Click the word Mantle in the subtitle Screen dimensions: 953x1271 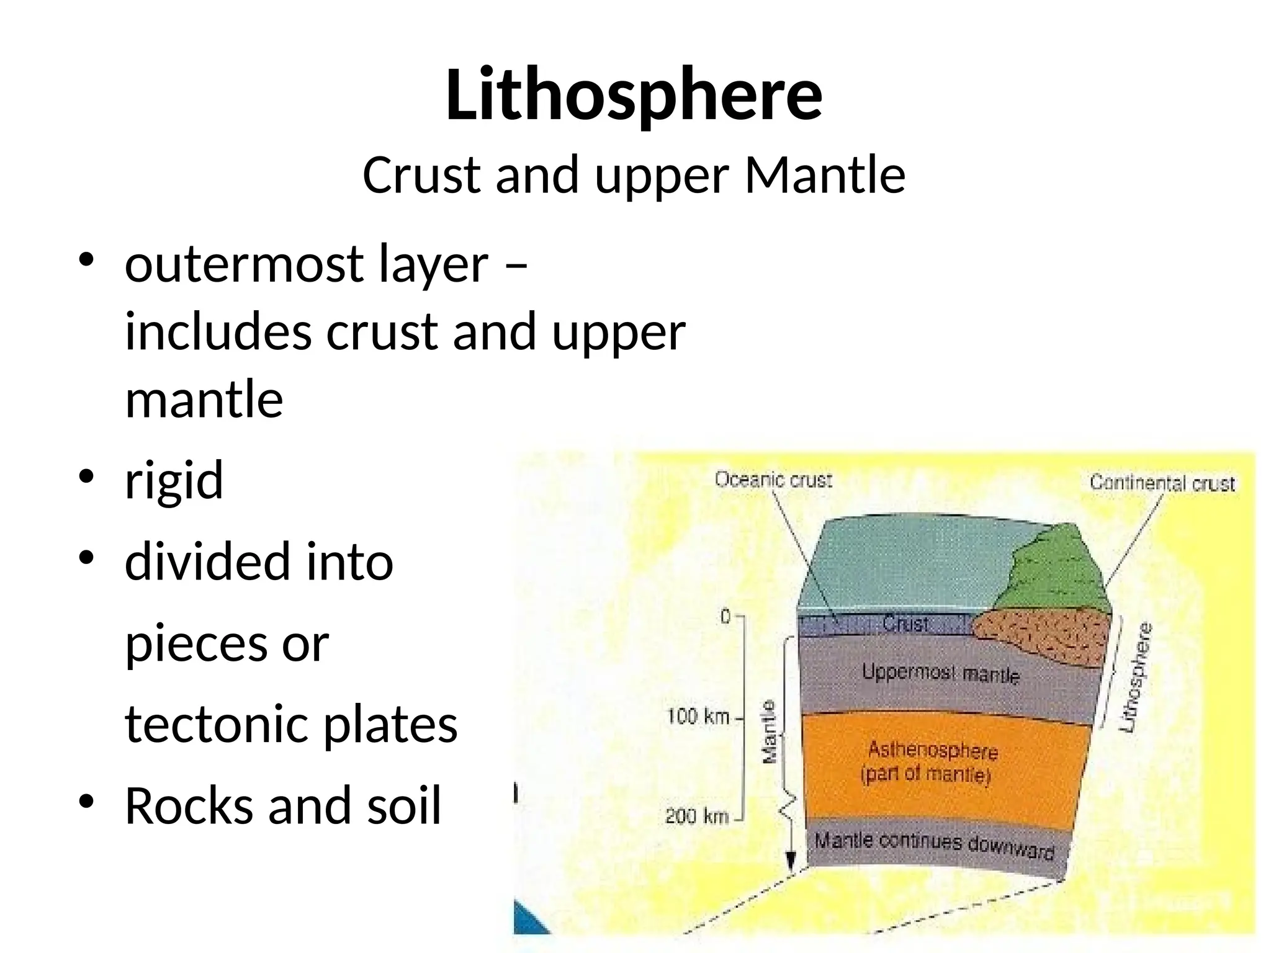[825, 176]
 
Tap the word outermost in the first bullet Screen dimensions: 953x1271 [245, 265]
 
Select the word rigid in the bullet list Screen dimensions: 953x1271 [174, 480]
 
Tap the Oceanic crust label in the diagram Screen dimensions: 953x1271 [773, 480]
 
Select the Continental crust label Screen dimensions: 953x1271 [1162, 483]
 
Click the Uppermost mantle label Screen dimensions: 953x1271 [940, 673]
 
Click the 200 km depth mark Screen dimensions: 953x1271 [696, 816]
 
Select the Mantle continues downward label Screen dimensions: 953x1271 [934, 844]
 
